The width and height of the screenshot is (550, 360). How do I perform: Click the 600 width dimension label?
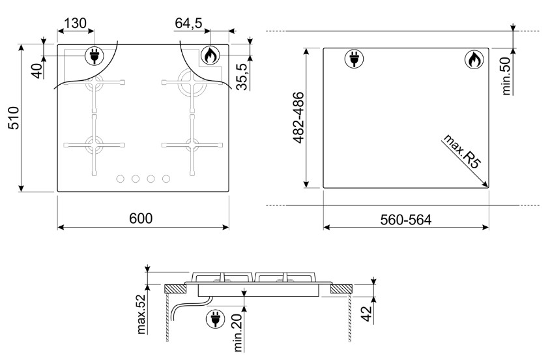(141, 218)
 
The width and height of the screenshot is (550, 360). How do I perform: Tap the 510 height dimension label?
(14, 118)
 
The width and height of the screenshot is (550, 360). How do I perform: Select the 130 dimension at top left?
(76, 23)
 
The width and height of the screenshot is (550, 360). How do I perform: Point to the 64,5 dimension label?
(189, 23)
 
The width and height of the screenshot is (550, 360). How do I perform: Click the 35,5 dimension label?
(242, 77)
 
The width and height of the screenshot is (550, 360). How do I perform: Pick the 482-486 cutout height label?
(298, 117)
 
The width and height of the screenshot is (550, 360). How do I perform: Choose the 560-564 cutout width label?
(406, 220)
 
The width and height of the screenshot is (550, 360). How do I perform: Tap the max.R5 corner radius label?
(461, 151)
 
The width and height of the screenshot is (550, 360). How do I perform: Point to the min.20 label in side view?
(238, 333)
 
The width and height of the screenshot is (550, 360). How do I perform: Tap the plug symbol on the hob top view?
(94, 56)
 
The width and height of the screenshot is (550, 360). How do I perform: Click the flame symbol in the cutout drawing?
(474, 59)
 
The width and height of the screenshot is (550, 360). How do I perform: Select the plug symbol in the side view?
(215, 319)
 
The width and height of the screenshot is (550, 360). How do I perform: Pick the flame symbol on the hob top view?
(210, 55)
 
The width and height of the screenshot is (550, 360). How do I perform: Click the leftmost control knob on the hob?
(120, 179)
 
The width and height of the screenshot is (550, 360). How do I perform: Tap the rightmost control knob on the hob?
(166, 179)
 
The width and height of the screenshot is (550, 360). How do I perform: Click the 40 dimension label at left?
(38, 70)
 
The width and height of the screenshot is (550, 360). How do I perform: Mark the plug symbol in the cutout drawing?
(354, 59)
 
